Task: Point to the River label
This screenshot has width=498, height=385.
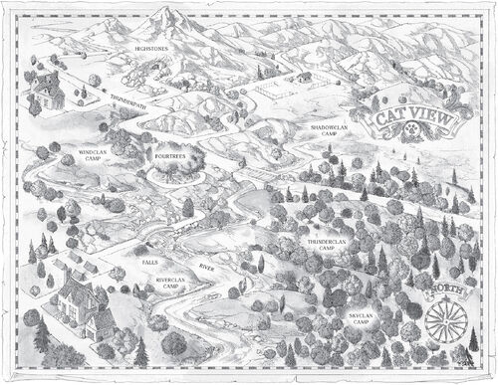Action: tap(208, 267)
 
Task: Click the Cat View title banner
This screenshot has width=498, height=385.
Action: tap(410, 119)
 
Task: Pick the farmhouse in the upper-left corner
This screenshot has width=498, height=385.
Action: tap(44, 96)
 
